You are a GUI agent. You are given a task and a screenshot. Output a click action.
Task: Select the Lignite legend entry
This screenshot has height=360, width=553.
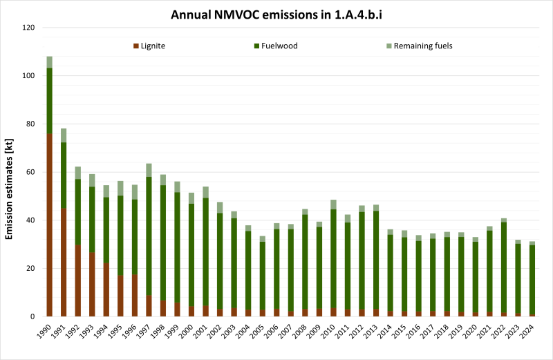(149, 46)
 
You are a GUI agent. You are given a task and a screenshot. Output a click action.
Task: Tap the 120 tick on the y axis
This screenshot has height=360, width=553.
(28, 28)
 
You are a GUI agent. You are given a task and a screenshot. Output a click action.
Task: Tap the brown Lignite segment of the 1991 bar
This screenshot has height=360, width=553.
(64, 263)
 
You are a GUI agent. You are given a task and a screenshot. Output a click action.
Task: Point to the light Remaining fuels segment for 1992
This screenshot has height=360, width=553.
(78, 173)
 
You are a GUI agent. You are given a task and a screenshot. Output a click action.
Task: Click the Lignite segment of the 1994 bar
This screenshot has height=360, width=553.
(106, 290)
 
